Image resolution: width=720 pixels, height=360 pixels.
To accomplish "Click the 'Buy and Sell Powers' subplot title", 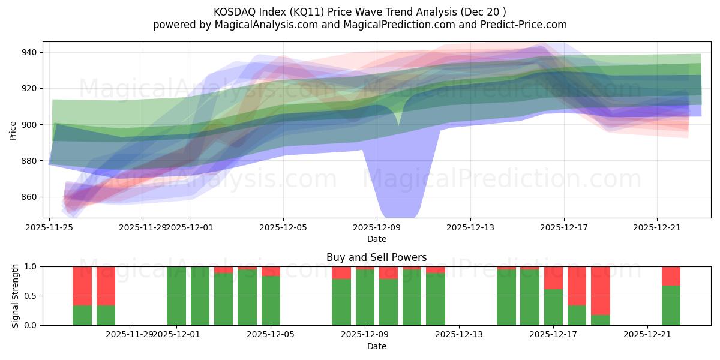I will pos(376,257).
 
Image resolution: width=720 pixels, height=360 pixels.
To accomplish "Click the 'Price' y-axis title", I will pos(13,130).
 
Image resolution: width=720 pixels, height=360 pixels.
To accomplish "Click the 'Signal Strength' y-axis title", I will pos(16,296).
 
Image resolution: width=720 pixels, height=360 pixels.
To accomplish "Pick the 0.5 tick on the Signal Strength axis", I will pos(31,296).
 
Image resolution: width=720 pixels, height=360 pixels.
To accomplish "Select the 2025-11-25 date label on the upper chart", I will pos(49,227).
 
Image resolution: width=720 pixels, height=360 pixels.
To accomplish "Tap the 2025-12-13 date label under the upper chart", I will pos(470,227).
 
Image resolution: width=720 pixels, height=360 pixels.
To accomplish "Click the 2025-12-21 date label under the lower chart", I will pos(647,335).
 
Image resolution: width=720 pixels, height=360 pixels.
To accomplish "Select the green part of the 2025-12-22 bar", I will pos(671,305).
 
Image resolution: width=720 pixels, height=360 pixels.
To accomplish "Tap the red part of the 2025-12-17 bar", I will pos(553,277).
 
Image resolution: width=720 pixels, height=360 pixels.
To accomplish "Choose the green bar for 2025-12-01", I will pos(176,296).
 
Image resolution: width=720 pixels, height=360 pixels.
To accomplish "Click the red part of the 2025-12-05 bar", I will pos(271,271).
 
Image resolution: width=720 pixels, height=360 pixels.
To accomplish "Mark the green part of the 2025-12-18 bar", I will pos(577,315).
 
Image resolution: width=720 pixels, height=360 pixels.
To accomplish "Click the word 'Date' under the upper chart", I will pos(376,239).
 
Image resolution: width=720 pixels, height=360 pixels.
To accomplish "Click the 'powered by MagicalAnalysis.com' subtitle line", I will pos(359,25).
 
